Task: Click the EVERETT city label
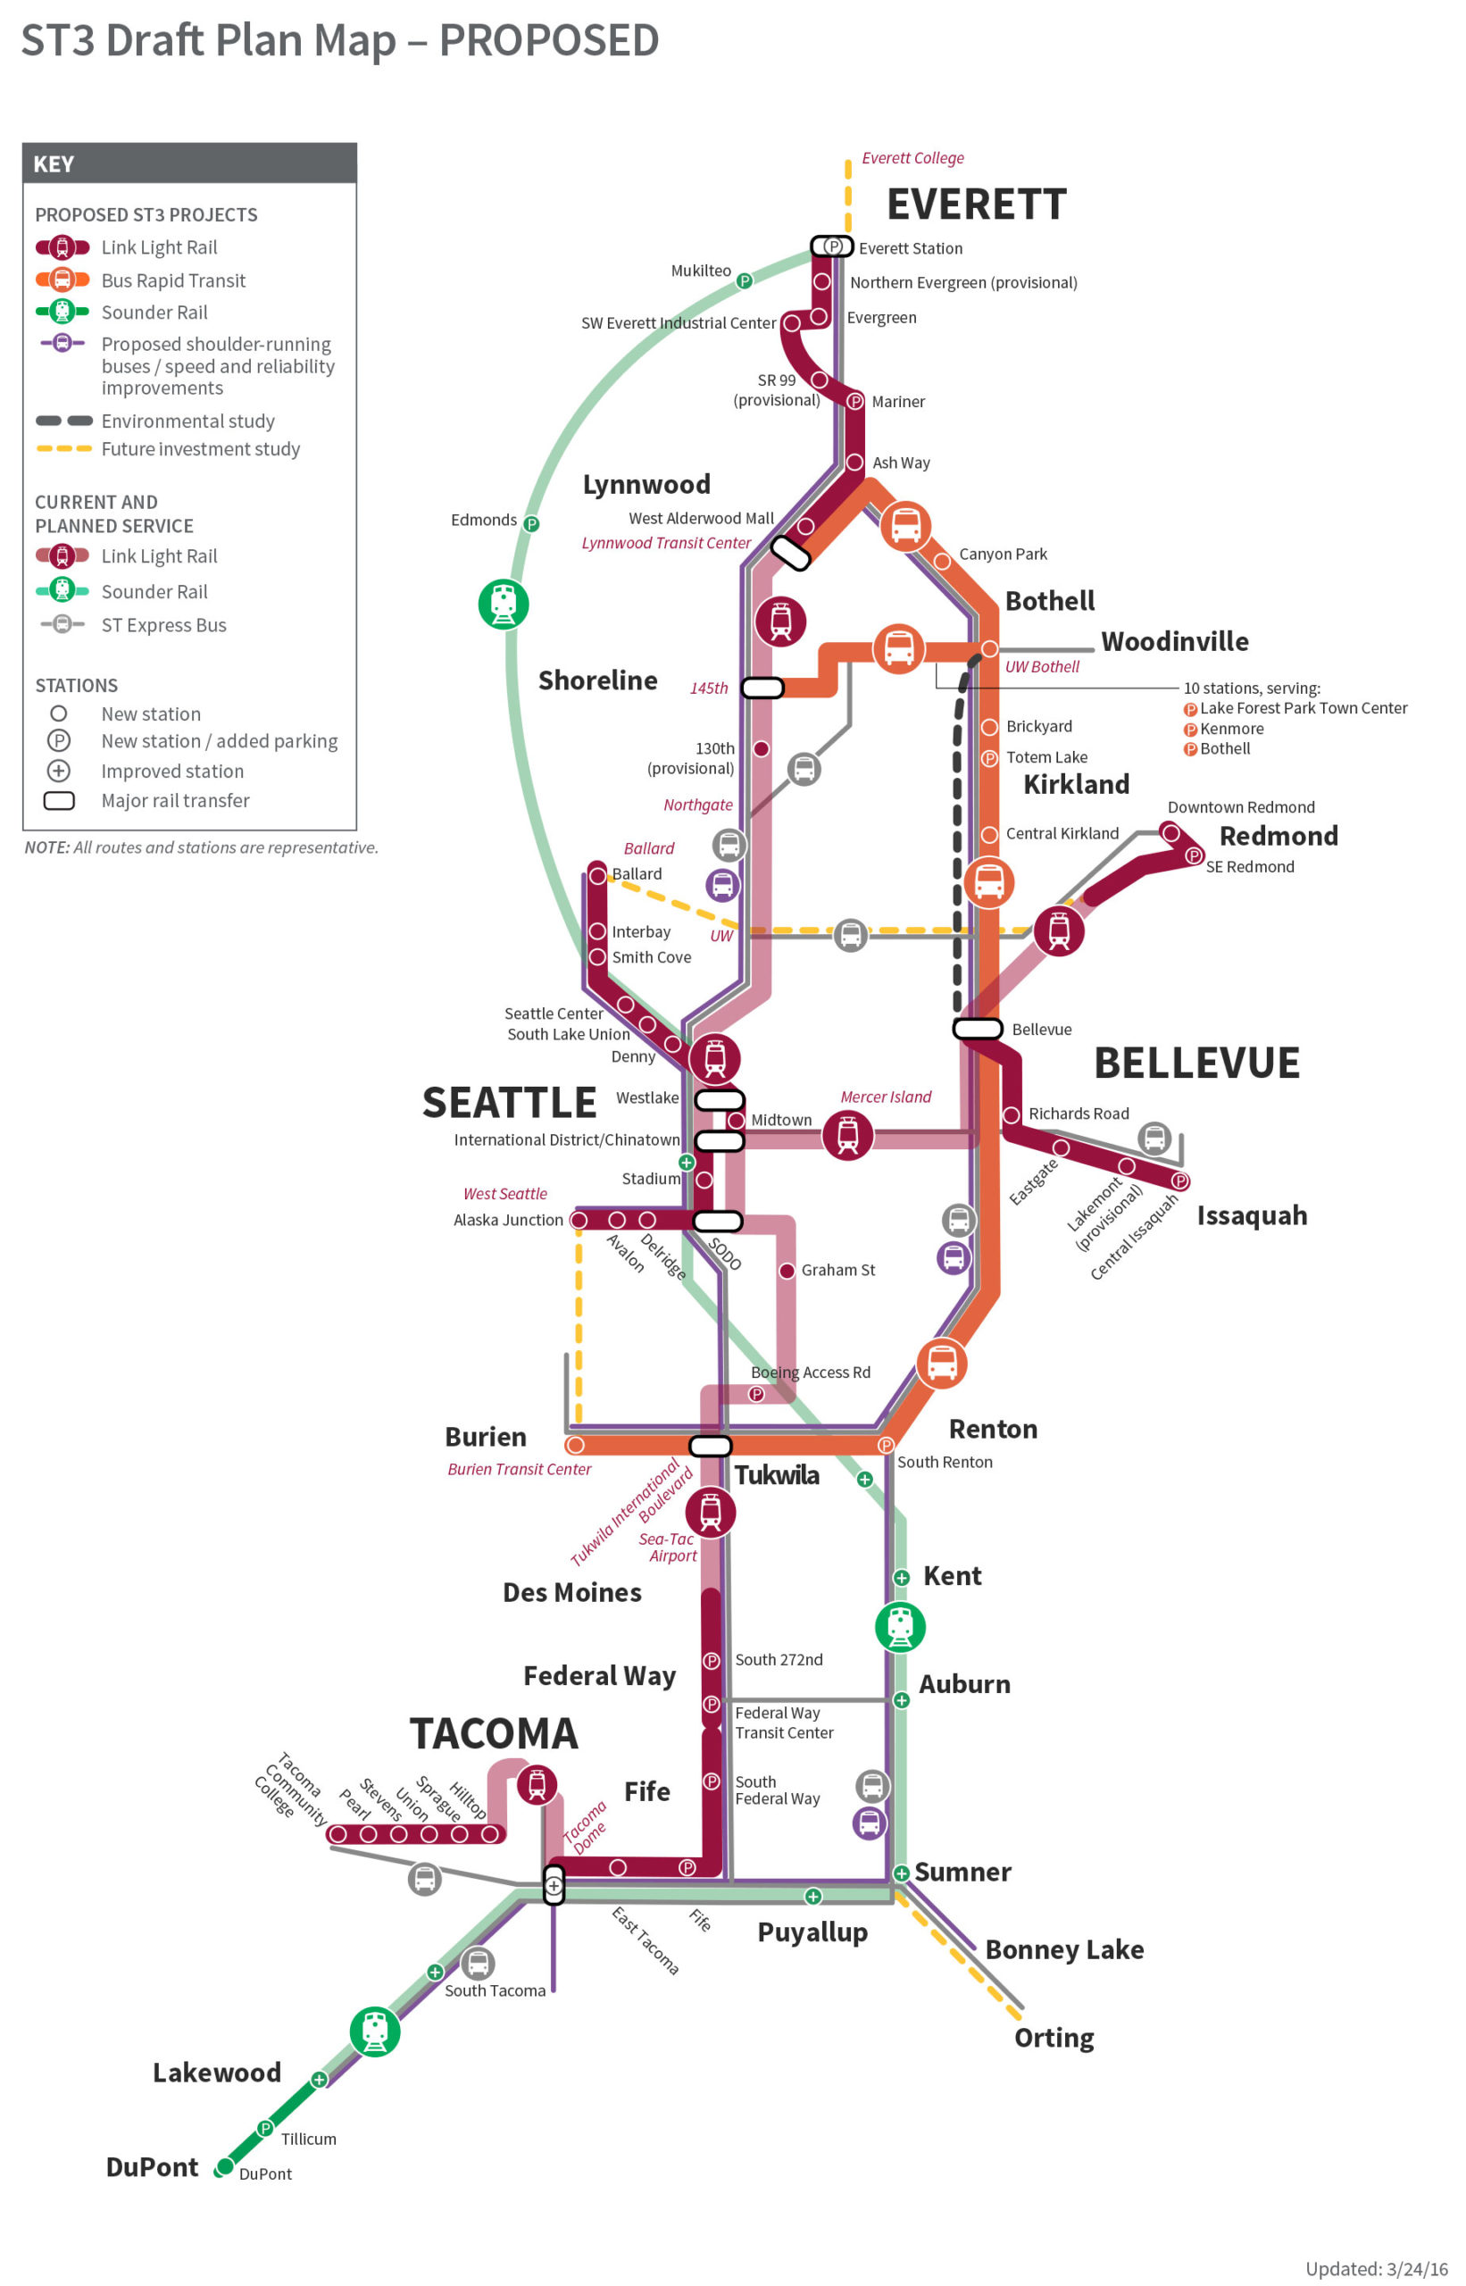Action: point(976,204)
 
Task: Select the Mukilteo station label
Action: point(701,271)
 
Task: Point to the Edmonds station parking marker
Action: point(531,523)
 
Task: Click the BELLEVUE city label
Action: point(1195,1063)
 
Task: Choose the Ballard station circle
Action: point(597,875)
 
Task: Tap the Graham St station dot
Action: point(787,1270)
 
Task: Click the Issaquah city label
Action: point(1251,1216)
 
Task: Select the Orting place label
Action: point(1053,2038)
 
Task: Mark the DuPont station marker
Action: point(225,2167)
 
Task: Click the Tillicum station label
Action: point(307,2139)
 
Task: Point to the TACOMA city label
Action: point(493,1734)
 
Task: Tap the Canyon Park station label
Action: point(1003,555)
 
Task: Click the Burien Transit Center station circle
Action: point(574,1446)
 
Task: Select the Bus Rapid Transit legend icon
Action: point(62,279)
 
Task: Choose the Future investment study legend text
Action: point(200,449)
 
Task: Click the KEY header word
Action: point(54,163)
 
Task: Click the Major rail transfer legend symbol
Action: point(59,801)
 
